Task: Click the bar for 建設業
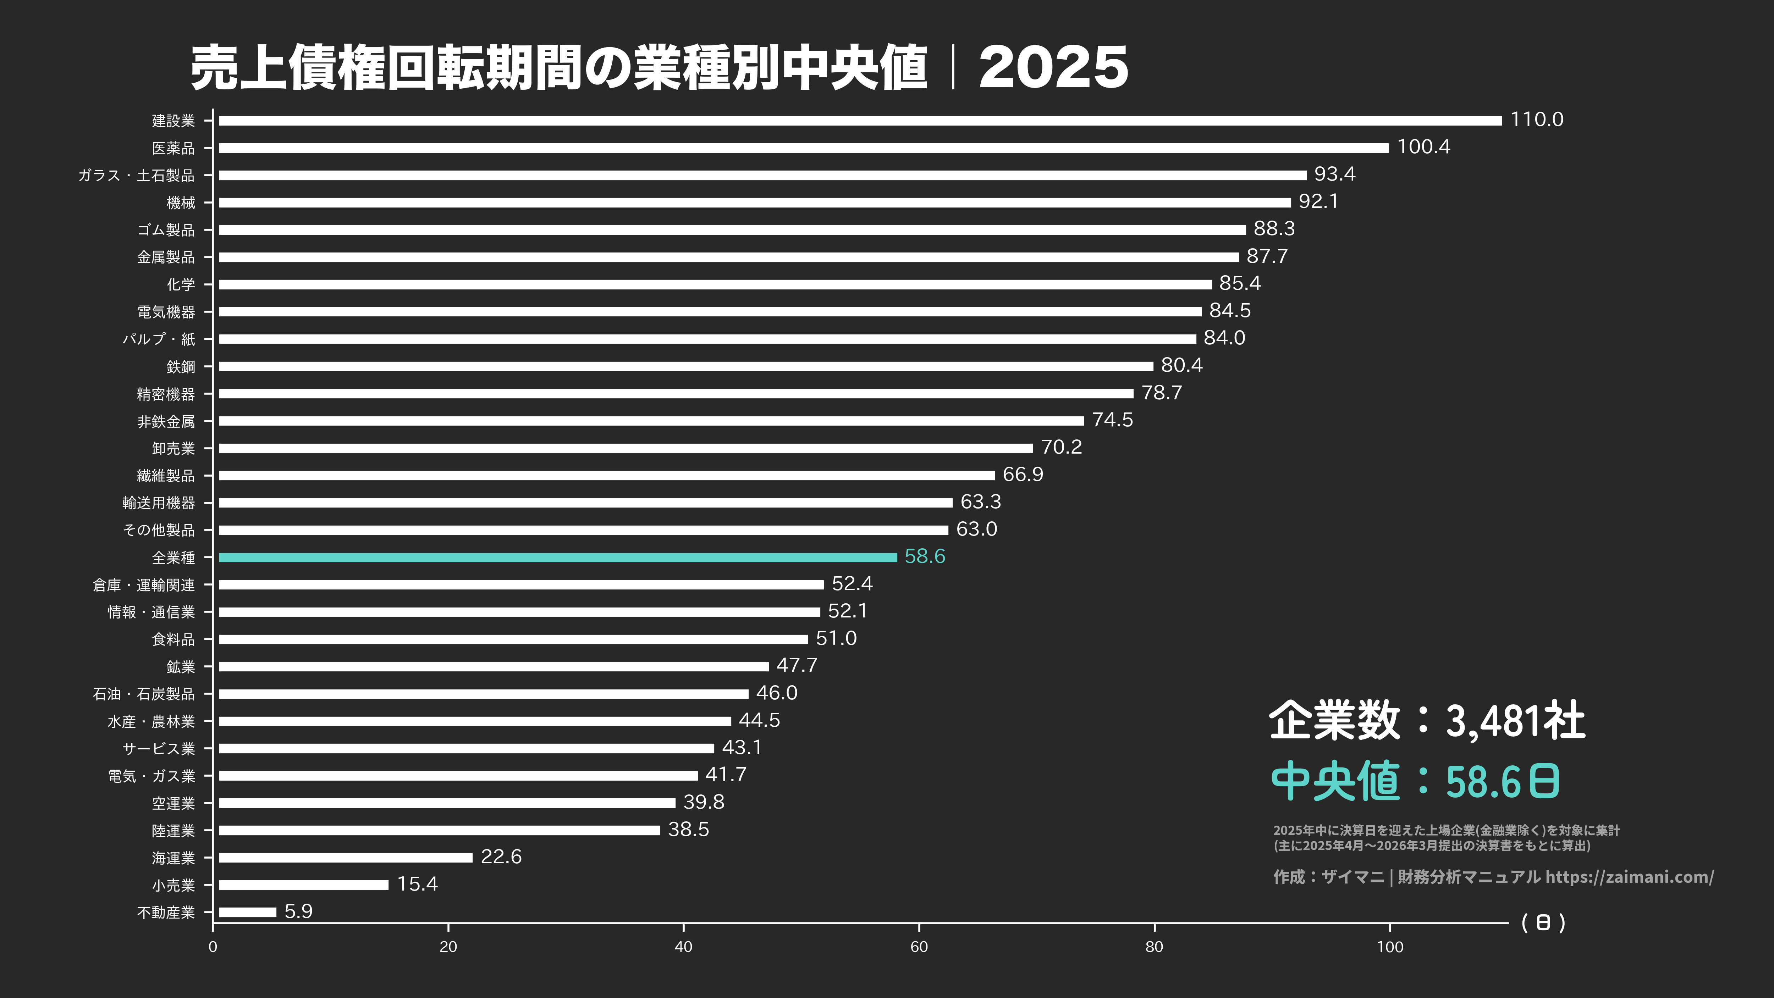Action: coord(859,121)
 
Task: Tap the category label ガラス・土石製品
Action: coord(136,176)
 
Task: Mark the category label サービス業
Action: coord(158,749)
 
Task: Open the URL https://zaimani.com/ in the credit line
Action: coord(1629,877)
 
